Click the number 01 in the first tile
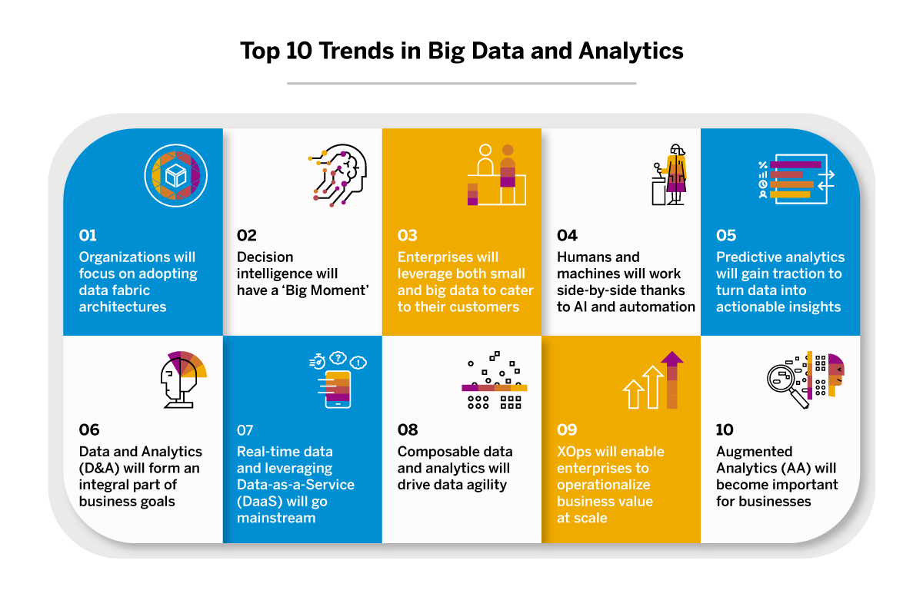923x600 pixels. (88, 235)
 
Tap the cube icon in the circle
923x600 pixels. (176, 177)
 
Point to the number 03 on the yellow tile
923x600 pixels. (407, 235)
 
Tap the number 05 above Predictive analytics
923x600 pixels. (726, 235)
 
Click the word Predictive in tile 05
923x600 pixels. (747, 257)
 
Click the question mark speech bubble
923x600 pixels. (336, 357)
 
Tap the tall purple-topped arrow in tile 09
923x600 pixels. (671, 380)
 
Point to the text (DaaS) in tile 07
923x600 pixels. (262, 502)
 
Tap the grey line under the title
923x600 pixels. (461, 83)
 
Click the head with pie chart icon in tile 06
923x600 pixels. (182, 376)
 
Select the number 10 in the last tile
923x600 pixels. (725, 429)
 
